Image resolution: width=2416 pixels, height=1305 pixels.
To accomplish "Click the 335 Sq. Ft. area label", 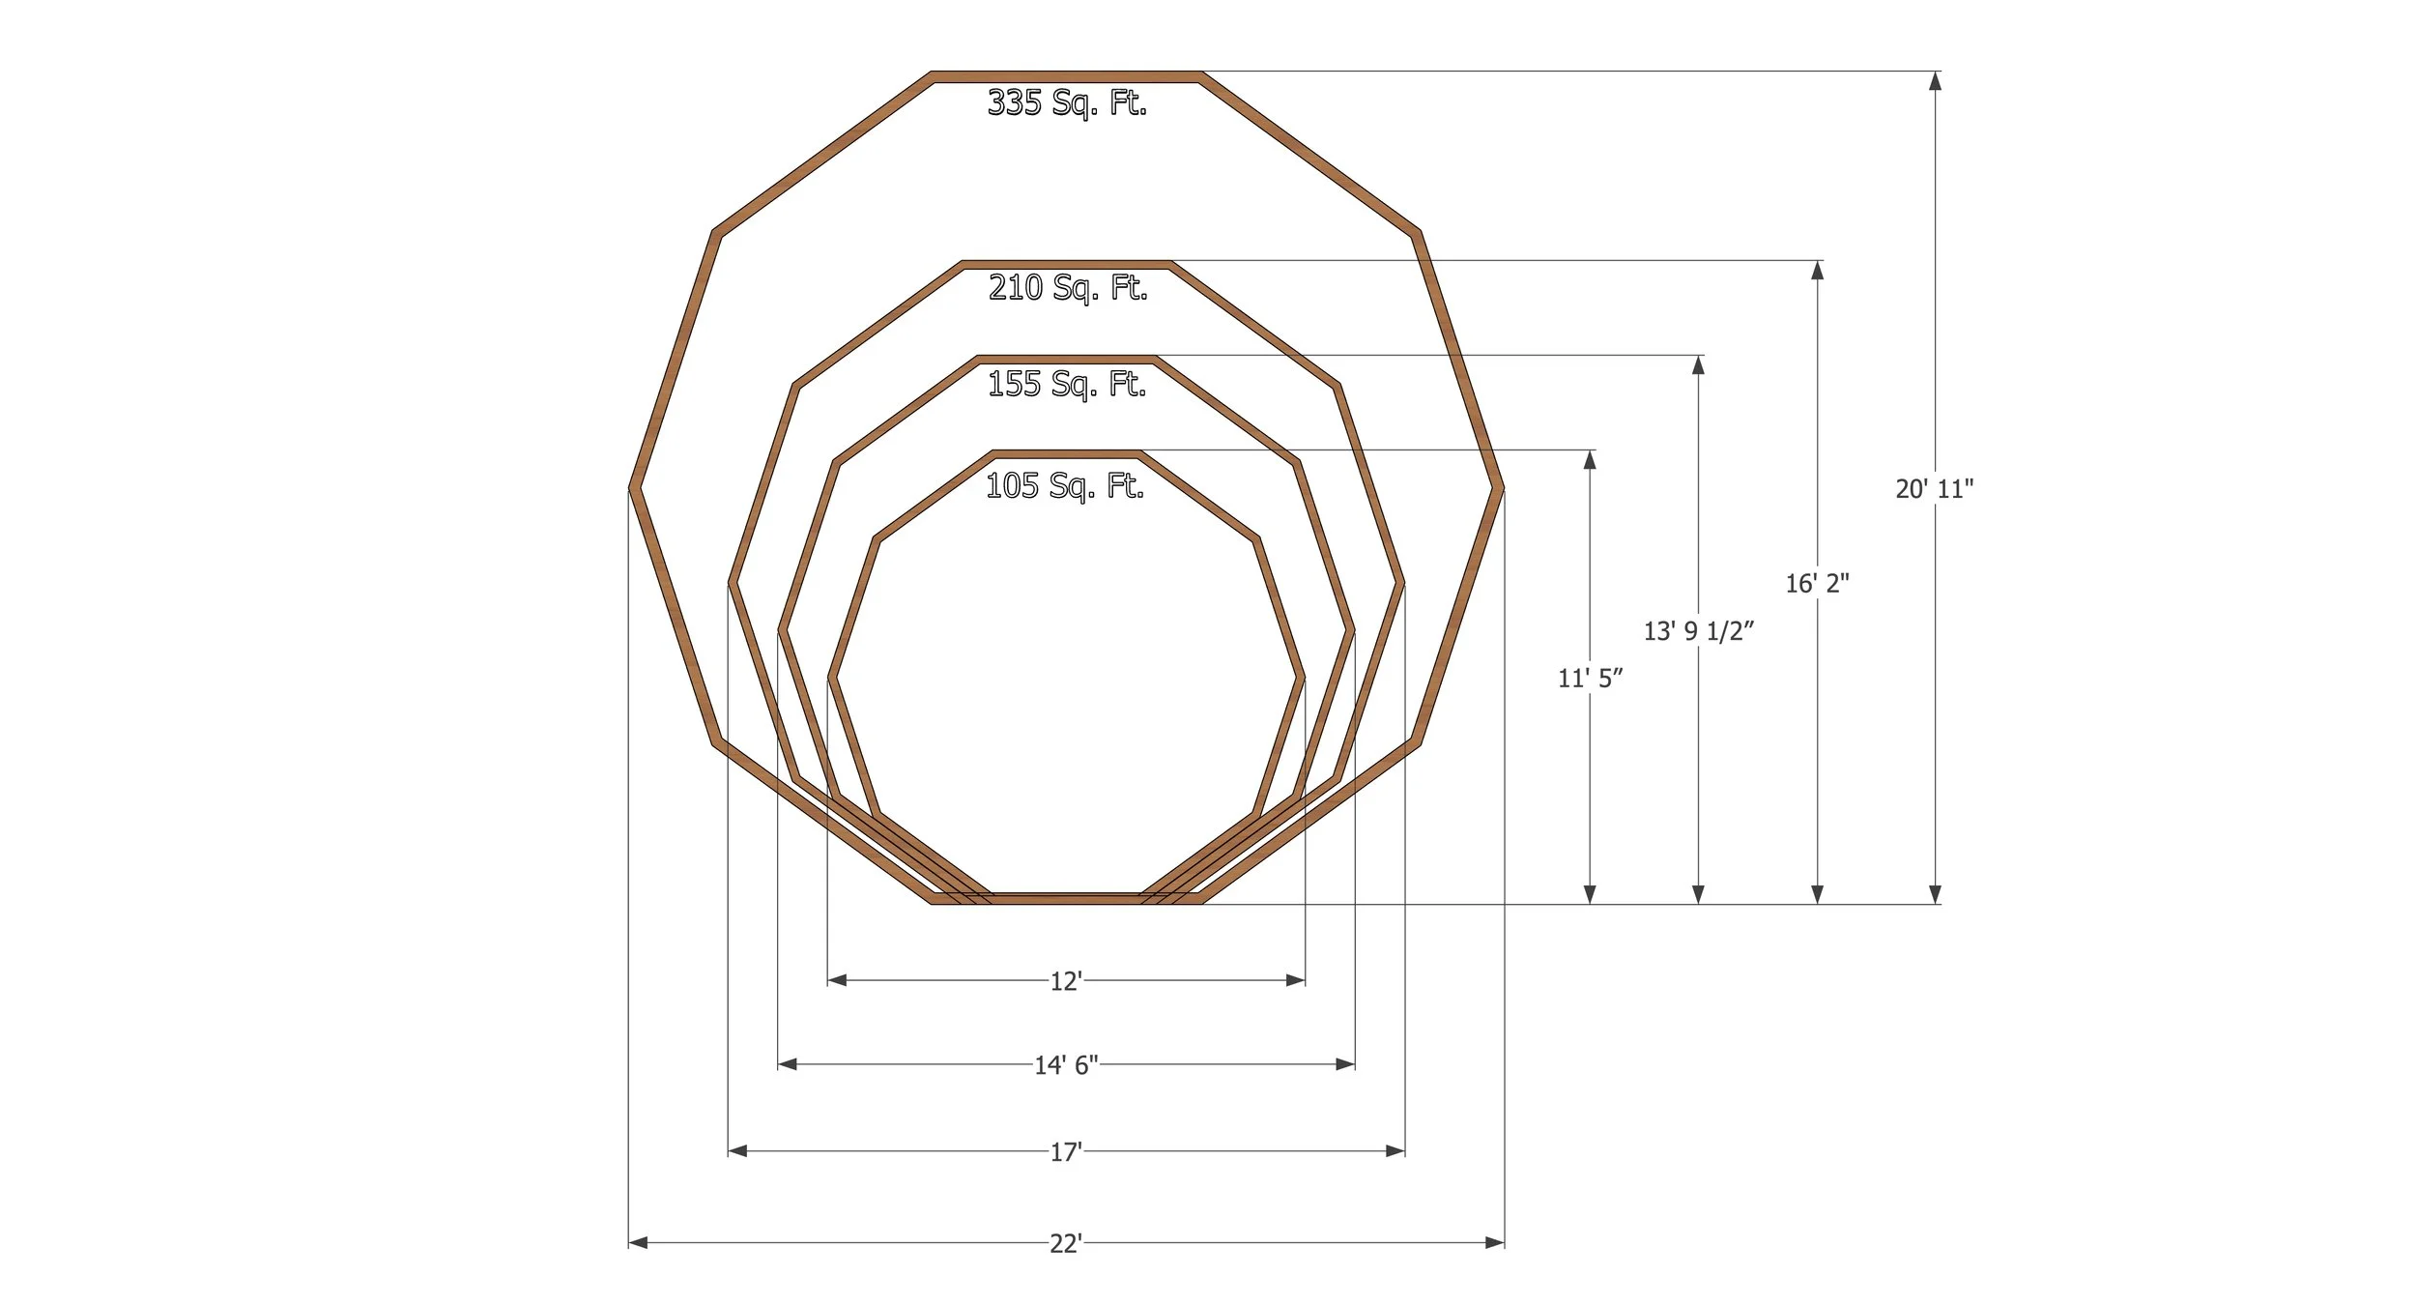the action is tap(1067, 102).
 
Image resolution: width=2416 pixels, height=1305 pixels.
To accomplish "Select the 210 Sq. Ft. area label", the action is tap(1068, 288).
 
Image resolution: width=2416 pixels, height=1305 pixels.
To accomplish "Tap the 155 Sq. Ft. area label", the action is tap(1067, 385).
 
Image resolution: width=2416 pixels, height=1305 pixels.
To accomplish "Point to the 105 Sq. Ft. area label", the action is tap(1065, 486).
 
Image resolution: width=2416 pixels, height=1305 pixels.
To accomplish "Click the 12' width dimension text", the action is tap(1066, 981).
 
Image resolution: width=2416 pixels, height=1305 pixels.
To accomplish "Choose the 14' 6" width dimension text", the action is tap(1066, 1065).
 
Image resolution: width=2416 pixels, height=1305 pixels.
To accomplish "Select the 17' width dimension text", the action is tap(1066, 1152).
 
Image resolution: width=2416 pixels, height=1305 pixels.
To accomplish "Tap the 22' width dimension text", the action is tap(1066, 1244).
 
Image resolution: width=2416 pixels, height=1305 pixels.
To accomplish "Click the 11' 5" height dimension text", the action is tap(1590, 679).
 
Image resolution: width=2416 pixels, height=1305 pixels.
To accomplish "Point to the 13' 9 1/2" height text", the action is tap(1699, 631).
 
